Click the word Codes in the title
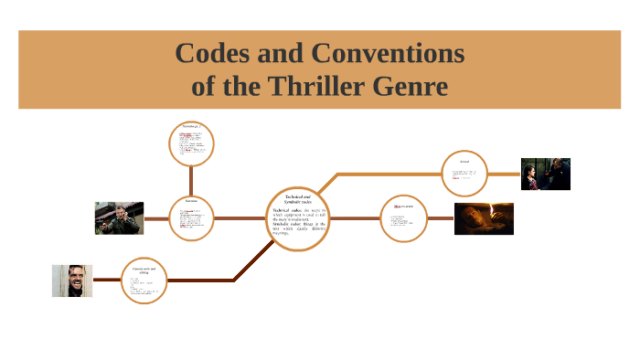click(217, 54)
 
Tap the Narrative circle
click(191, 218)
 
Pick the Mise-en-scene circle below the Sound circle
click(403, 218)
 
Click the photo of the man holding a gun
click(119, 218)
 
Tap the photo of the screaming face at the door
click(72, 281)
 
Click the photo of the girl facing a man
click(545, 174)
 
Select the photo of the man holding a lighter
click(484, 218)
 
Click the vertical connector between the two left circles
click(191, 181)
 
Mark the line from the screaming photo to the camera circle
click(107, 281)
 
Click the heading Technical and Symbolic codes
click(298, 199)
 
